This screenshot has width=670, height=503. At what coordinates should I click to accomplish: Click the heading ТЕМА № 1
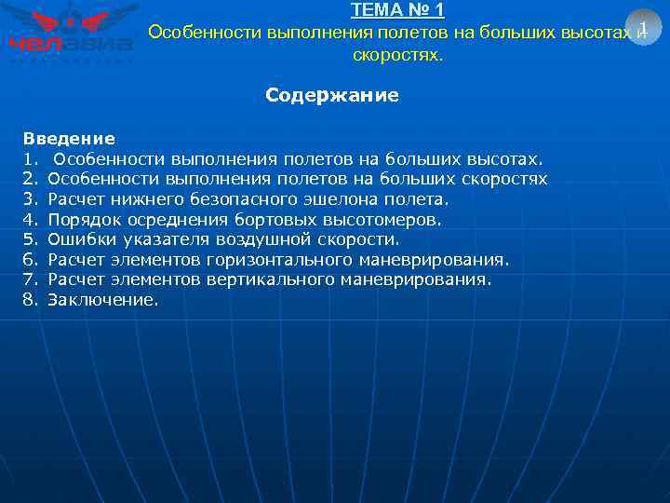click(397, 11)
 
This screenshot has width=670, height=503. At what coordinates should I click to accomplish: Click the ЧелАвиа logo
click(71, 33)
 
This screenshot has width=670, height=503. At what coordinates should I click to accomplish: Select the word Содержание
click(332, 95)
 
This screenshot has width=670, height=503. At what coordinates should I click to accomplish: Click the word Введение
click(69, 139)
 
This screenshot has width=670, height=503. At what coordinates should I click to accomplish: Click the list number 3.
click(30, 199)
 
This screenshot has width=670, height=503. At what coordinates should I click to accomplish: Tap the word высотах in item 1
click(501, 159)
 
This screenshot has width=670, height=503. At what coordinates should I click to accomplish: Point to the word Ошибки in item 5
click(78, 239)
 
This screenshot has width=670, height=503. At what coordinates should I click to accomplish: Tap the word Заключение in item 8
click(102, 300)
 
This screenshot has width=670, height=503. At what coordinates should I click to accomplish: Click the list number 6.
click(30, 260)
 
